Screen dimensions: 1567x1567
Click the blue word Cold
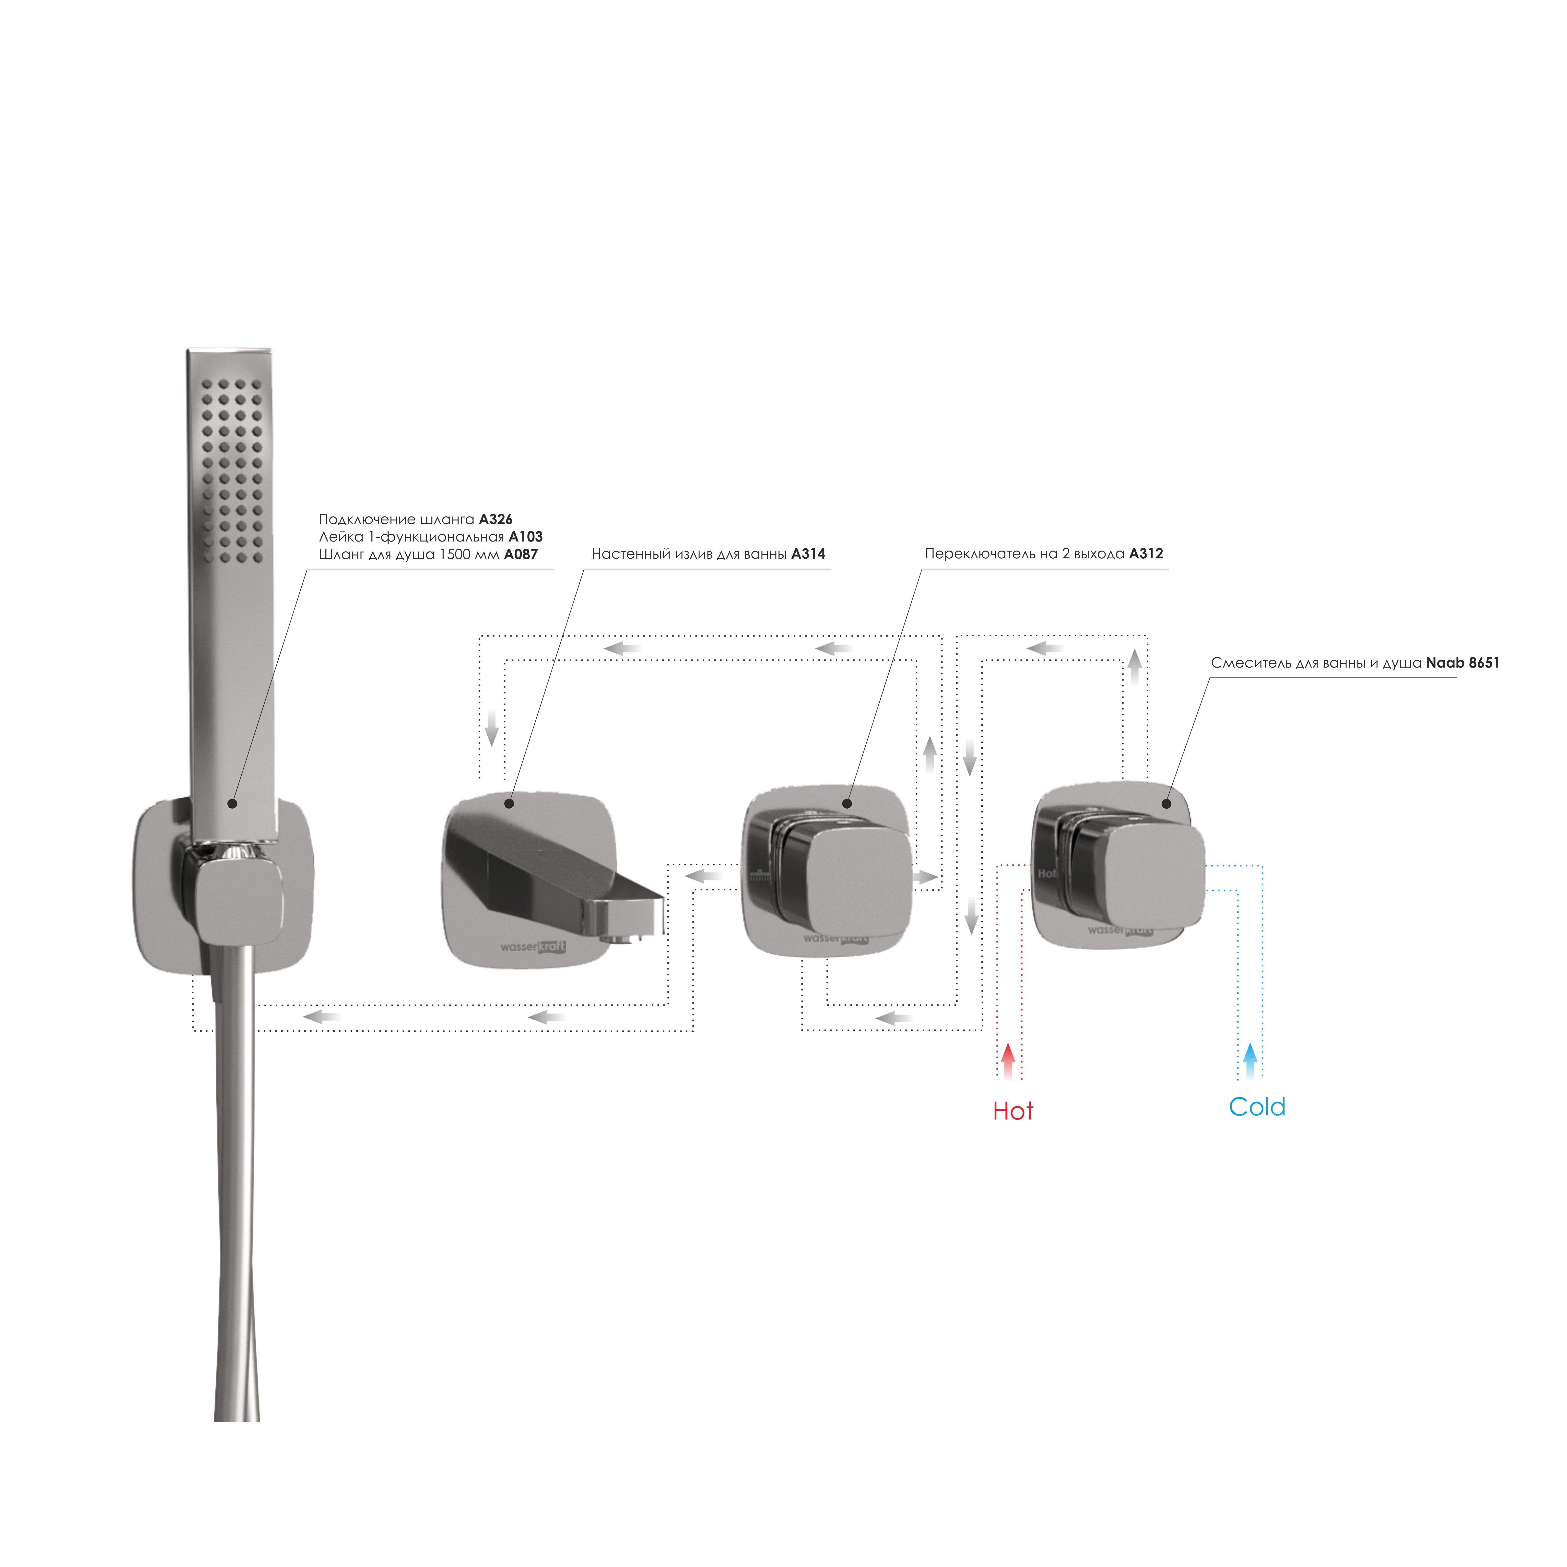1257,1107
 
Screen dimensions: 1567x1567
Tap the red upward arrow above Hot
1008,1061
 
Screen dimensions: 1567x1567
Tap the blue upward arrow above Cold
1251,1061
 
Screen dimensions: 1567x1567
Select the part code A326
495,519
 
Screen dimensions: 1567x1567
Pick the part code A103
526,537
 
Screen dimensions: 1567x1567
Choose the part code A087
521,555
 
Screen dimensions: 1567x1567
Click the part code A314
809,554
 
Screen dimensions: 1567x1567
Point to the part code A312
1146,554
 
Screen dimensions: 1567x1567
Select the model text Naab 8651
1463,663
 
